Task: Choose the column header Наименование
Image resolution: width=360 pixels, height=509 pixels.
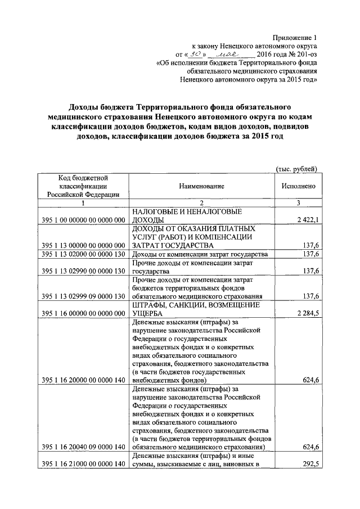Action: click(x=202, y=186)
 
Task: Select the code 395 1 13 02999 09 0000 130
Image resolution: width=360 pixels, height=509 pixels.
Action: click(x=83, y=296)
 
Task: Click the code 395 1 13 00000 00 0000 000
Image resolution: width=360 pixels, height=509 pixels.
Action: click(x=83, y=246)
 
